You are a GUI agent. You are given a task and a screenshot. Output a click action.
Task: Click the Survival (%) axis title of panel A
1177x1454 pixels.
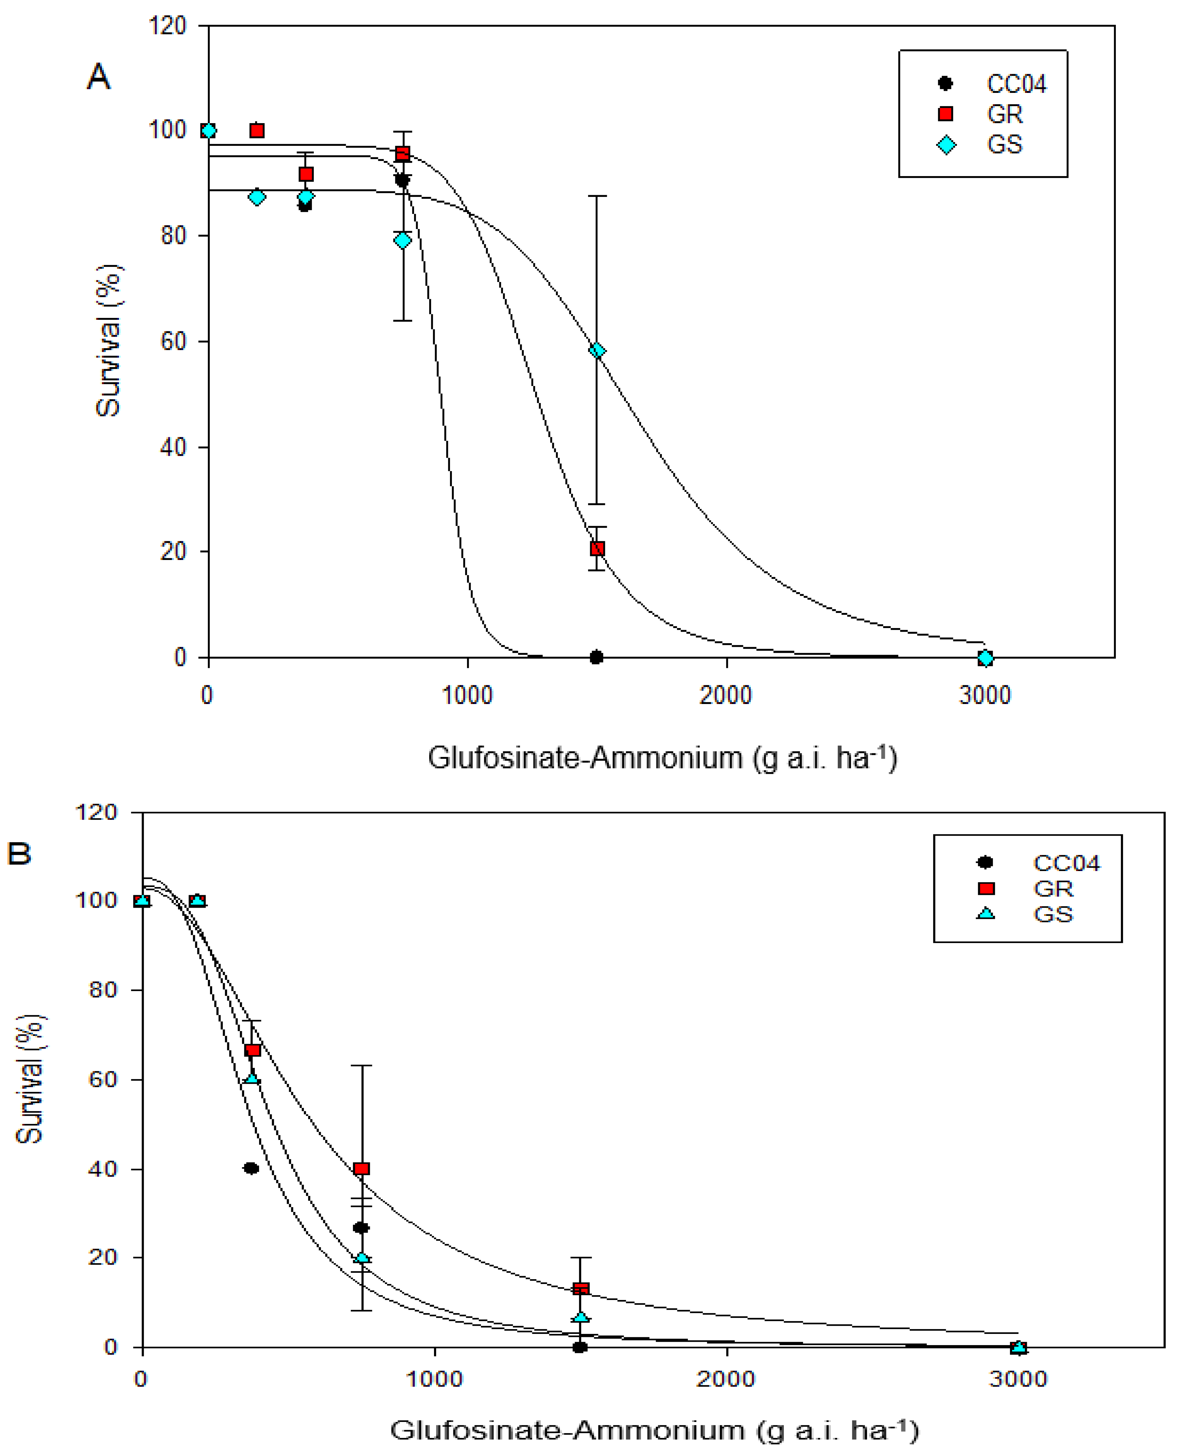108,340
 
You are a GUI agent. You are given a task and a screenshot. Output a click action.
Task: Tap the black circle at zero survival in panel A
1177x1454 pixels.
596,657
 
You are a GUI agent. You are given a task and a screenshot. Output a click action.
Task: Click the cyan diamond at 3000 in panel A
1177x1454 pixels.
985,657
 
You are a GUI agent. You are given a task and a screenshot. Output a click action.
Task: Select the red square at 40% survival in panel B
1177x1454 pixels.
361,1169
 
